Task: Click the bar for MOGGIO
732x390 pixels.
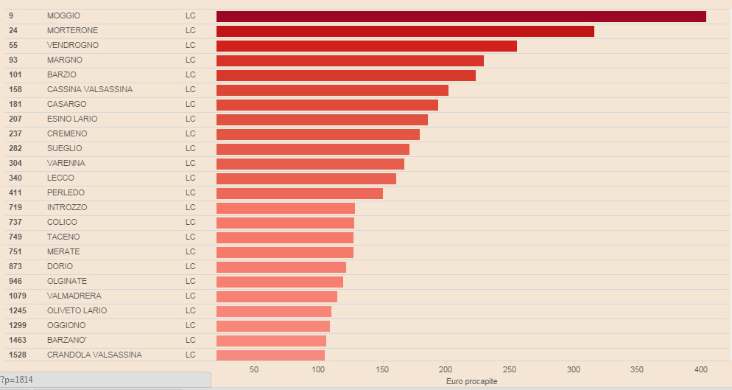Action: [x=461, y=16]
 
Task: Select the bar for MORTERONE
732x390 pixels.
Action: [x=405, y=31]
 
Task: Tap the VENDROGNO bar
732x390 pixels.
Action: [x=367, y=46]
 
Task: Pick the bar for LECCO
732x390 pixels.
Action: [x=306, y=178]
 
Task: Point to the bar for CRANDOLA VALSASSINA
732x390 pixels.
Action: [x=270, y=355]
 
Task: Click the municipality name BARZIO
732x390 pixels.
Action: [x=62, y=74]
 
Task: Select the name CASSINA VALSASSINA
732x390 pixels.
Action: [x=90, y=89]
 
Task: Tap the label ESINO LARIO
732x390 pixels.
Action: [x=72, y=119]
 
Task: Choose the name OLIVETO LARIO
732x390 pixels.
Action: [x=77, y=310]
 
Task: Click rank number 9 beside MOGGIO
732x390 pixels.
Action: [x=11, y=15]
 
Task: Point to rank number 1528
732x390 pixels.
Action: [x=17, y=355]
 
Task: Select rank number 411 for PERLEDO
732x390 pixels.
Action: [x=15, y=192]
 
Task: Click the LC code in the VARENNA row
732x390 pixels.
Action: [x=191, y=163]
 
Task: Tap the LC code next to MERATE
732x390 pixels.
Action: [x=191, y=251]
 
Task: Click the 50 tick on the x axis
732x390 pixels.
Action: [x=254, y=369]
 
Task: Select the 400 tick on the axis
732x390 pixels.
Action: [x=701, y=369]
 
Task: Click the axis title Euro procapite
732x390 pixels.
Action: [x=472, y=381]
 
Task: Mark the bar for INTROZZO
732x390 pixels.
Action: [x=286, y=208]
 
